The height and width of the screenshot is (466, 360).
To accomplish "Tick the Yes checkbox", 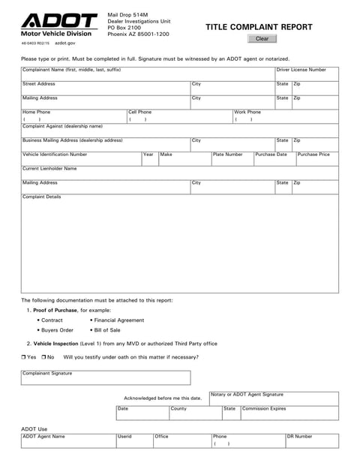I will pos(24,356).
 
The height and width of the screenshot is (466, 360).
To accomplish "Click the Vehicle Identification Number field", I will pos(80,160).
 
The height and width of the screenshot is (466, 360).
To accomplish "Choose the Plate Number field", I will pos(232,160).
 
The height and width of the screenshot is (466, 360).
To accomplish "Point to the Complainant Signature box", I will pos(105,378).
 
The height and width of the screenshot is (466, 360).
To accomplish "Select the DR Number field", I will pos(311,442).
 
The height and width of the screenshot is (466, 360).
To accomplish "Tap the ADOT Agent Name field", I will pos(67,442).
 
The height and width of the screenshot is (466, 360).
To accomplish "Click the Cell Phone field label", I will pos(139,112).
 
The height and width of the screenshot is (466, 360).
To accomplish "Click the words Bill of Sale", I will pos(107,330).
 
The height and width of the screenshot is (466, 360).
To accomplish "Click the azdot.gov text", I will pos(67,44).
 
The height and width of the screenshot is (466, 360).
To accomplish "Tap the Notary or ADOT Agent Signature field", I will pos(274,399).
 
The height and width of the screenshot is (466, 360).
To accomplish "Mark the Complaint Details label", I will pos(42,197).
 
